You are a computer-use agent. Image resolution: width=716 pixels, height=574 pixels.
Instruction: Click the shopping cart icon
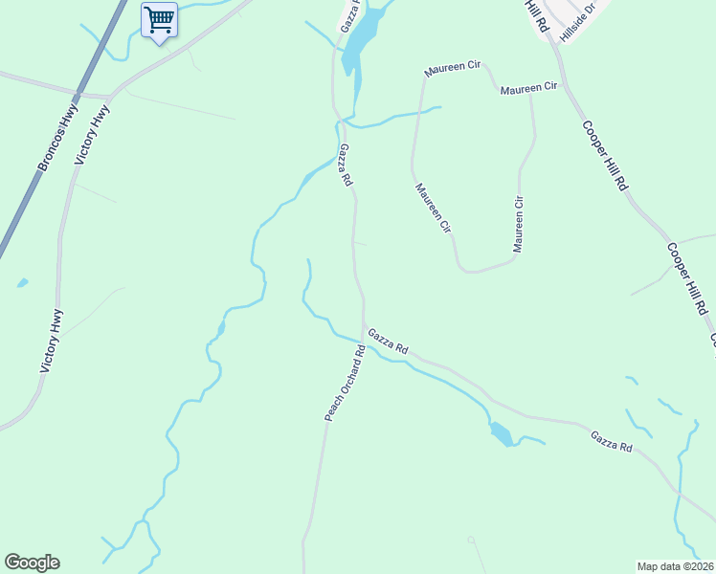[159, 19]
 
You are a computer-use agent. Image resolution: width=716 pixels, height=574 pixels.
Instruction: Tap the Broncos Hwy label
[57, 139]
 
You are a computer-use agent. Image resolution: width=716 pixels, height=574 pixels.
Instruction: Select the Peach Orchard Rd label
[346, 383]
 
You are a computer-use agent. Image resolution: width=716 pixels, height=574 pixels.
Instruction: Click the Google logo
[32, 563]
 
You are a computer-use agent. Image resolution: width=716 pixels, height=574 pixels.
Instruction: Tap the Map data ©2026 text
[675, 566]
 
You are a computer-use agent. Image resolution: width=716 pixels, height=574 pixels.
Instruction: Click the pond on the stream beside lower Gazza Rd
[500, 434]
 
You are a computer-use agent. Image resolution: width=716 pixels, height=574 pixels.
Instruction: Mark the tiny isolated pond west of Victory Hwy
[22, 283]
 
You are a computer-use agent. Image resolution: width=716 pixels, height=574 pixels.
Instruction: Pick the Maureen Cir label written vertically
[519, 224]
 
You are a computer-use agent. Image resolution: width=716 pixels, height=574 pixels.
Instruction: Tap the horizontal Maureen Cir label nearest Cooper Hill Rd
[528, 87]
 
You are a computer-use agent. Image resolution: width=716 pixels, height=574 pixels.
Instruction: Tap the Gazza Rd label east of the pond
[611, 442]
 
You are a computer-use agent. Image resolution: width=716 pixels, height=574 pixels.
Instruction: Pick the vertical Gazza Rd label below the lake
[346, 165]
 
